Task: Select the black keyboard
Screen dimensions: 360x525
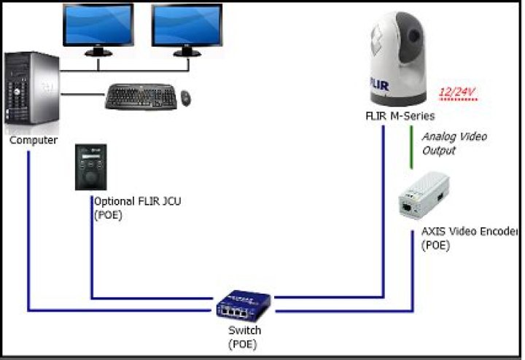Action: coord(140,97)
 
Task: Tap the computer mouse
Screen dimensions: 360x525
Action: coord(187,97)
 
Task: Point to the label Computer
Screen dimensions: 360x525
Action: coord(34,140)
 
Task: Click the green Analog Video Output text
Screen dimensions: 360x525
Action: coord(454,144)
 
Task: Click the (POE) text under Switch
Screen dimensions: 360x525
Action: coord(243,343)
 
